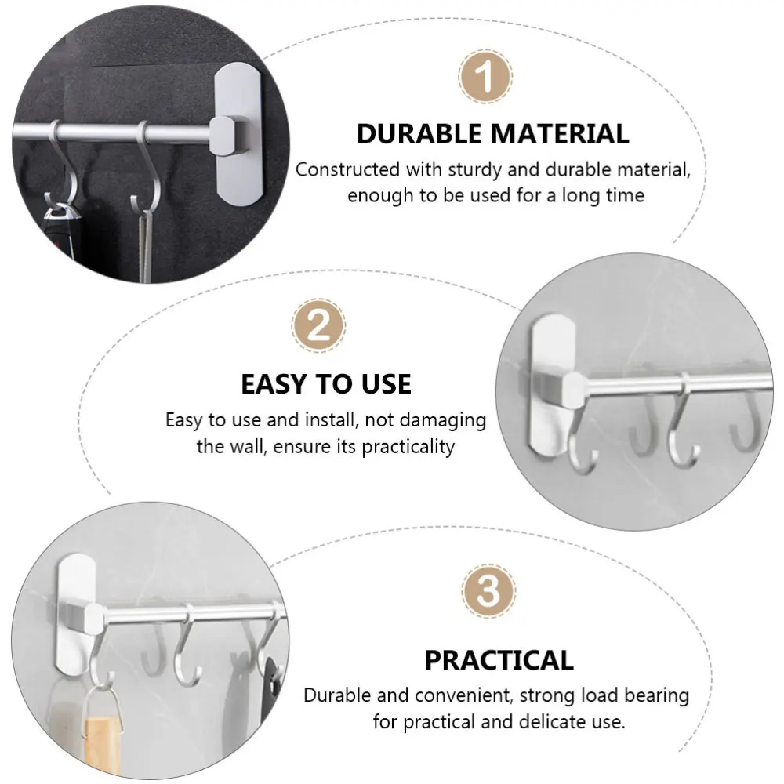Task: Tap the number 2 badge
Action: (318, 325)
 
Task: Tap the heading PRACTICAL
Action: (499, 660)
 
